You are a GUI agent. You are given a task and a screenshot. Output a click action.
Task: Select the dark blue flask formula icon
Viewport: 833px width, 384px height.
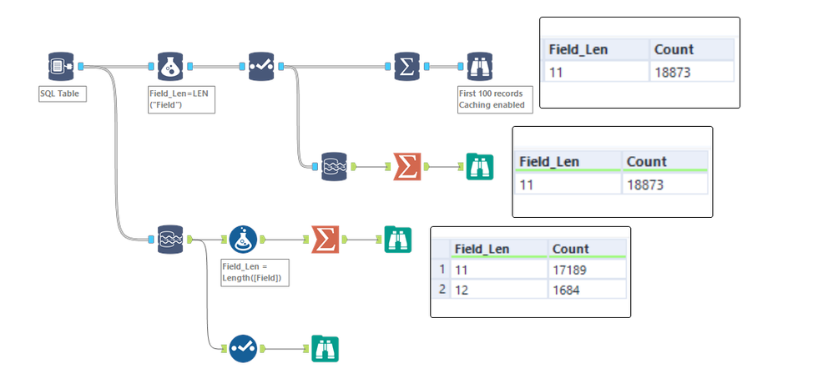click(170, 67)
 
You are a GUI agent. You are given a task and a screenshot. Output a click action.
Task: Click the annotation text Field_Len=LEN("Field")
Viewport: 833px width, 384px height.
click(182, 99)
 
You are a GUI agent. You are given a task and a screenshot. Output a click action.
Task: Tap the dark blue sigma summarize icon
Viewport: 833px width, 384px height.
click(406, 67)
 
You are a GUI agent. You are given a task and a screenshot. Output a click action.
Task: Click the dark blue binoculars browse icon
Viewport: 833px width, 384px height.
click(479, 67)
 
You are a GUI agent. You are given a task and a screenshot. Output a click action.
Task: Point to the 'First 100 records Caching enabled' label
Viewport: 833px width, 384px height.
click(492, 99)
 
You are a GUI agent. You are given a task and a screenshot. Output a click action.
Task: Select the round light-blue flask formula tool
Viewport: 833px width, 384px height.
click(242, 240)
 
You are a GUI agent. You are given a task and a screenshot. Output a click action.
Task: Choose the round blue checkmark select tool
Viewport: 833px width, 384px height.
click(242, 348)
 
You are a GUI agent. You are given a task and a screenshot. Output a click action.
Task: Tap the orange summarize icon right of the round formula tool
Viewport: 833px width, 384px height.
click(324, 240)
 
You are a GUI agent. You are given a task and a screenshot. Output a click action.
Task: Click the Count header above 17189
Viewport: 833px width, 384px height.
click(572, 248)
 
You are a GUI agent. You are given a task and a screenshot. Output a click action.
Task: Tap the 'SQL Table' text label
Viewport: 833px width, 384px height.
click(59, 93)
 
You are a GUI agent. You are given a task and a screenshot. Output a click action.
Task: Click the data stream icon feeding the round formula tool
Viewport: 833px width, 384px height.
click(170, 240)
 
